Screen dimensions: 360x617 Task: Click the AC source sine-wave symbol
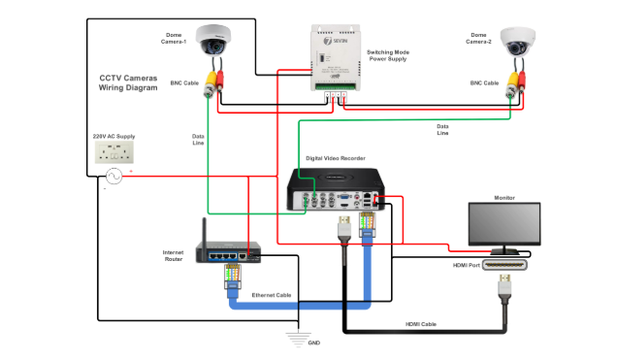114,176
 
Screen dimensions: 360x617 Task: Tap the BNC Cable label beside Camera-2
484,83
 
